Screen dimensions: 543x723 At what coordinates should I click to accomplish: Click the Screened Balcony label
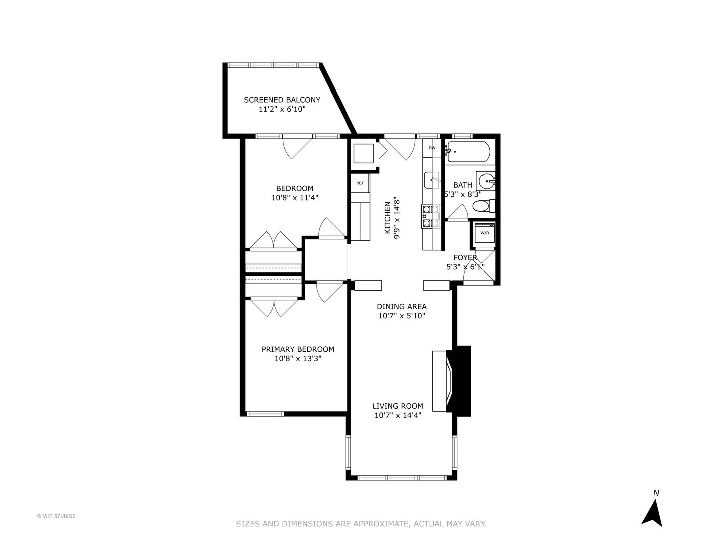coord(282,100)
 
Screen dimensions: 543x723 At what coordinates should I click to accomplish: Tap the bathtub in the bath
coord(467,152)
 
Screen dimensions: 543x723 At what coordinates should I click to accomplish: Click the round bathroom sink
coord(486,180)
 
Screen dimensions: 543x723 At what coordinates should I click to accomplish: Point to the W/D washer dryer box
coord(485,233)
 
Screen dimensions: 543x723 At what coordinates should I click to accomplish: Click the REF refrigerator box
coord(360,183)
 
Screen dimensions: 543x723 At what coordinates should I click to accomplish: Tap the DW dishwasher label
coord(432,148)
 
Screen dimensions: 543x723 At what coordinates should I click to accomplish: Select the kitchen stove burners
coord(427,216)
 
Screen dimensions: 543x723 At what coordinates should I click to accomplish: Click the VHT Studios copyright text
coord(56,516)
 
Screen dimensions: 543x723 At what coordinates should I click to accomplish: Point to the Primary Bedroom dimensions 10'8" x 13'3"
coord(298,359)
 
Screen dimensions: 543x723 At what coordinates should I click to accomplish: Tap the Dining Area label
coord(402,306)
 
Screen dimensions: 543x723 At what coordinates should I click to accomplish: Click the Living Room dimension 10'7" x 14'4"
coord(398,415)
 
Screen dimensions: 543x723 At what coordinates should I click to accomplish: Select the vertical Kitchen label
coord(387,218)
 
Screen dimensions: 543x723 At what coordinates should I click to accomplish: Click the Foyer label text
coord(465,257)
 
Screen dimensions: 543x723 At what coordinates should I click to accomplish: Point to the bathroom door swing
coord(457,214)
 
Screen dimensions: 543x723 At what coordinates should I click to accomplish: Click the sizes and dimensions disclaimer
coord(361,524)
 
